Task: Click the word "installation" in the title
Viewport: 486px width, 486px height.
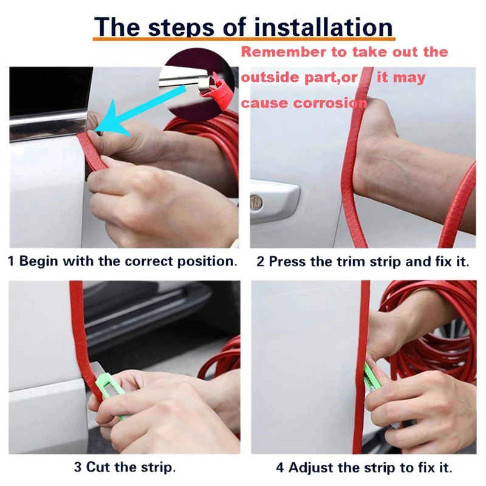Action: (x=323, y=27)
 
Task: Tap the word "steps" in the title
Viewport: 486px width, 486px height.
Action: (x=181, y=28)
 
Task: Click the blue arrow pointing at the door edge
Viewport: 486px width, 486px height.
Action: (x=136, y=112)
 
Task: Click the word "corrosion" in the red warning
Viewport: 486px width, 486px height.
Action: (x=329, y=103)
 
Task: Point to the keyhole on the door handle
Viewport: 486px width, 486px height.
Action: (x=256, y=203)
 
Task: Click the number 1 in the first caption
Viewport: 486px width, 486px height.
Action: (x=11, y=261)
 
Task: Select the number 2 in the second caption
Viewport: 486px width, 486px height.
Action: (x=261, y=262)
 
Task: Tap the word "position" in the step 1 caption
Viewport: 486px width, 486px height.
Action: (x=205, y=262)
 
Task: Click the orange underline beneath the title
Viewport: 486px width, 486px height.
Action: (x=244, y=39)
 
